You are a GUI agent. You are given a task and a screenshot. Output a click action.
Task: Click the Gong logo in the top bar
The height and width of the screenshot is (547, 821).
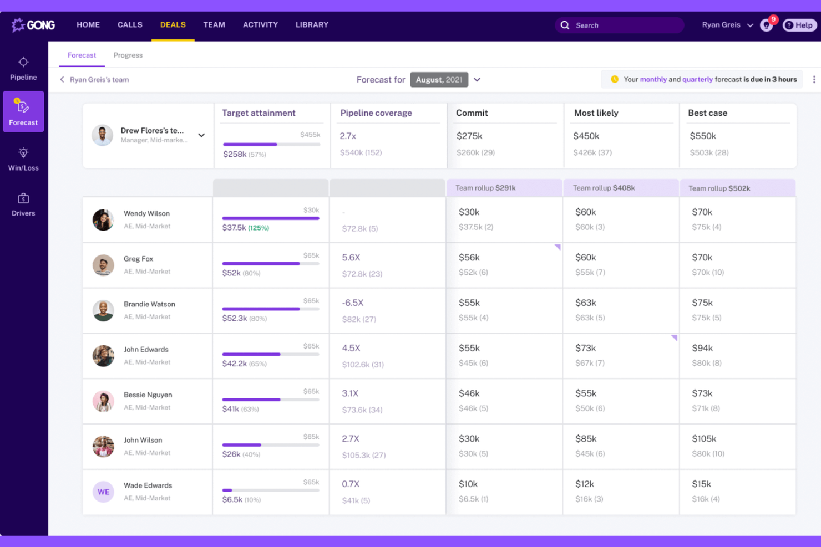(33, 25)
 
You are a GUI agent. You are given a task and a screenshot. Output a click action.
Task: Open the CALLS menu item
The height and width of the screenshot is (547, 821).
(130, 25)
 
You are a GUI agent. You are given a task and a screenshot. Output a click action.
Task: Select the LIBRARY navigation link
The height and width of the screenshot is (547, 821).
(312, 25)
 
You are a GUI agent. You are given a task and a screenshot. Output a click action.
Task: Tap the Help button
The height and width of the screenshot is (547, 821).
(799, 25)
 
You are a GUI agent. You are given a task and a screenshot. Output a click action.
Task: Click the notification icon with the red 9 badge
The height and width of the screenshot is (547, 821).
(767, 25)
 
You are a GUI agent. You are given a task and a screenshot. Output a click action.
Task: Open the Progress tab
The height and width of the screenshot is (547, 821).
(128, 55)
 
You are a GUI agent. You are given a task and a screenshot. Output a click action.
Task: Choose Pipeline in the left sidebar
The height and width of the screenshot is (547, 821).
(23, 68)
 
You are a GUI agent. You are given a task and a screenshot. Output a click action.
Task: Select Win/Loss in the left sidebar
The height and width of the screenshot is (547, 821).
(23, 159)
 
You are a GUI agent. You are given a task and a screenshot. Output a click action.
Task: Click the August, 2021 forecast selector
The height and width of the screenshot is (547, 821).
(439, 80)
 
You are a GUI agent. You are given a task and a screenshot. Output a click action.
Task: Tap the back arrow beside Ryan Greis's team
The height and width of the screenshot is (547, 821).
(62, 80)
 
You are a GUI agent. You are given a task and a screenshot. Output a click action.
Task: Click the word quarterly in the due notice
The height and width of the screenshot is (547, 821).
(697, 80)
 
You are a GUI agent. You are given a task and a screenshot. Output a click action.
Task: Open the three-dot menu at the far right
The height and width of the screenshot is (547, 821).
(814, 80)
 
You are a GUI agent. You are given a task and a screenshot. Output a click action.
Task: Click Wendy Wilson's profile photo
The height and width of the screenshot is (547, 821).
(103, 220)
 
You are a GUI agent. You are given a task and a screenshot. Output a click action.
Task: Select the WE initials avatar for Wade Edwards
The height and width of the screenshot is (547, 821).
(103, 492)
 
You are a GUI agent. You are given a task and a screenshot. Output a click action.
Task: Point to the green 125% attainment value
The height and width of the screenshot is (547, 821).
(259, 228)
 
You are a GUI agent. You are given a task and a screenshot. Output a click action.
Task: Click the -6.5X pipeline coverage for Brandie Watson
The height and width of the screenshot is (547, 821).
(353, 303)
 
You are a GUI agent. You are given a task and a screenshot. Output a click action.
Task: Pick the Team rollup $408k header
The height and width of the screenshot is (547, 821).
(604, 188)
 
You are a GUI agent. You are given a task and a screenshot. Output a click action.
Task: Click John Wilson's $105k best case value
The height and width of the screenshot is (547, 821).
(704, 439)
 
